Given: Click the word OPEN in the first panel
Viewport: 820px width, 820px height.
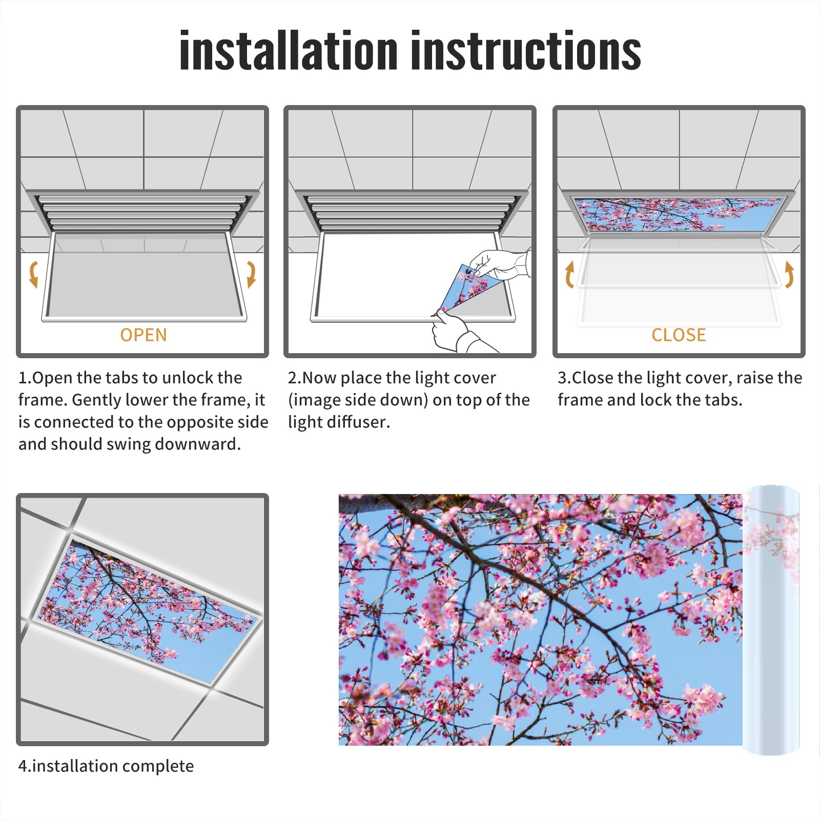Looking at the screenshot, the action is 143,335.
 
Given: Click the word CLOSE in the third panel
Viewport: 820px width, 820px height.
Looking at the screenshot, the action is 679,335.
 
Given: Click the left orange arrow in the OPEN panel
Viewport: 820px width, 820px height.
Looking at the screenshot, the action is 33,274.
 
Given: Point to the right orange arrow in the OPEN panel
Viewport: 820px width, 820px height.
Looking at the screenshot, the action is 251,274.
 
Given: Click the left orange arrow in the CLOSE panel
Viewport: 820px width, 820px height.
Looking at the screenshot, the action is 569,274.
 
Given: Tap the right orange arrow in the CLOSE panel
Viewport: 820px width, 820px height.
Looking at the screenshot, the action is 789,274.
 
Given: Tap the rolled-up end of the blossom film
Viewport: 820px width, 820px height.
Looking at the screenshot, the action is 771,620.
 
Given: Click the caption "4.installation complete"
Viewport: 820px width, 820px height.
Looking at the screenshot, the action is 106,766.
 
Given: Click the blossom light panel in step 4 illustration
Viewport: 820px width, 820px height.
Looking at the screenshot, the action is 146,610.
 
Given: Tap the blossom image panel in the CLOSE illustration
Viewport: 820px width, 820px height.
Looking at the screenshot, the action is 679,214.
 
